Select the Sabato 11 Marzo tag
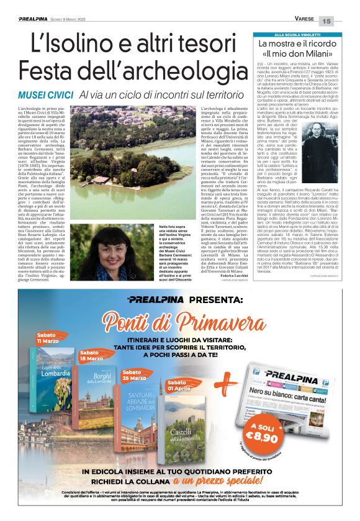point(48,338)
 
